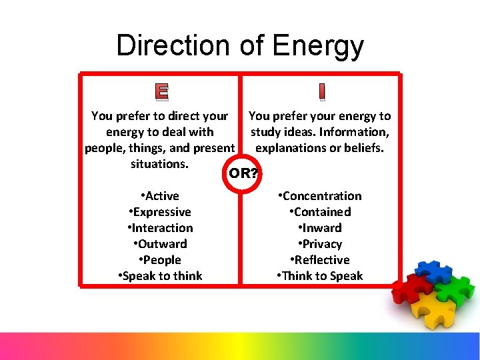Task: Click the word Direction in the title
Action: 172,45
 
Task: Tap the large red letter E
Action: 161,91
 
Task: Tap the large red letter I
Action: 321,91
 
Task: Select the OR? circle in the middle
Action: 243,174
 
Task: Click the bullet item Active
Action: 160,196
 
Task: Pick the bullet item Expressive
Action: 160,212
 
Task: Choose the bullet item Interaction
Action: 160,228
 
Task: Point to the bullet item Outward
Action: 160,244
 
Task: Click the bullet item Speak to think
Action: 160,276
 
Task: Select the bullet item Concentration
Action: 320,196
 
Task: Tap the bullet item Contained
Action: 320,212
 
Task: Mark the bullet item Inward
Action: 320,228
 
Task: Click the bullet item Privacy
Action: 320,244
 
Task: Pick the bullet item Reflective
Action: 320,260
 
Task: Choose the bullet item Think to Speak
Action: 320,276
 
